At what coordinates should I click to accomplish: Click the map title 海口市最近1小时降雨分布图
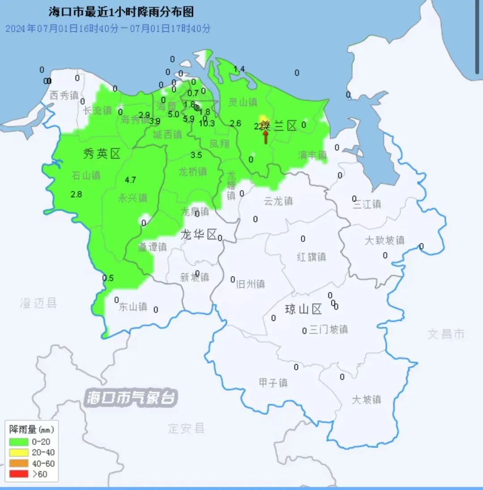pyautogui.click(x=121, y=12)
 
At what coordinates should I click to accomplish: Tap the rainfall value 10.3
pyautogui.click(x=207, y=124)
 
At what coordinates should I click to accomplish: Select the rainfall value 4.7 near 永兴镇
pyautogui.click(x=131, y=180)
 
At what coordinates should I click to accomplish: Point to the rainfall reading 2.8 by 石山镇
pyautogui.click(x=76, y=194)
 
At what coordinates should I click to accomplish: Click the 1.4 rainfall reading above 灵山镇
pyautogui.click(x=240, y=69)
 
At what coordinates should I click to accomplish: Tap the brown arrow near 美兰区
pyautogui.click(x=265, y=136)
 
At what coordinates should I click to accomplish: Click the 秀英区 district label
pyautogui.click(x=102, y=154)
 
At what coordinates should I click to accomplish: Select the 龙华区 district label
pyautogui.click(x=199, y=234)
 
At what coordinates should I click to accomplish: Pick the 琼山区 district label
pyautogui.click(x=304, y=309)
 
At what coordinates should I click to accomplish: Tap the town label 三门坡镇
pyautogui.click(x=328, y=330)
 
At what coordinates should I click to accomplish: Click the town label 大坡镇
pyautogui.click(x=366, y=399)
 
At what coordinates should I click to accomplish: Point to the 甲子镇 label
pyautogui.click(x=273, y=383)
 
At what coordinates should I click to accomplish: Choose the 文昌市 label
pyautogui.click(x=446, y=334)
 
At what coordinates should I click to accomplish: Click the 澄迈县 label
pyautogui.click(x=38, y=303)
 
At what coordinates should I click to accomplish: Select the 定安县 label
pyautogui.click(x=186, y=428)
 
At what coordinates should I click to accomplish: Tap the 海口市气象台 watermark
pyautogui.click(x=132, y=397)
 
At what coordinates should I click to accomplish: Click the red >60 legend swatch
pyautogui.click(x=18, y=474)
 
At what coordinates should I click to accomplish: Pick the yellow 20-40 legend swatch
pyautogui.click(x=18, y=452)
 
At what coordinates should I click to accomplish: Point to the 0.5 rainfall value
pyautogui.click(x=108, y=278)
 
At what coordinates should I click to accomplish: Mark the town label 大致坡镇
pyautogui.click(x=385, y=240)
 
